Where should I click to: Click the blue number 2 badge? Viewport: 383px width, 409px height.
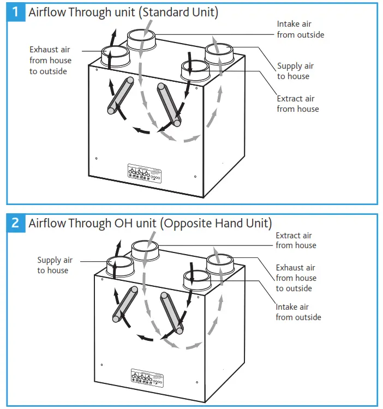pos(16,222)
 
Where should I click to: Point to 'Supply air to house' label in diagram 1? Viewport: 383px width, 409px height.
pos(295,71)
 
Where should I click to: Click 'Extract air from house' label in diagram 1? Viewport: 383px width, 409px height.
pos(297,104)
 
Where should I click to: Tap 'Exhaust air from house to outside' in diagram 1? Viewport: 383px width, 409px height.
pos(50,61)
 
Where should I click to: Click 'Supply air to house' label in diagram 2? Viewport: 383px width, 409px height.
pos(55,266)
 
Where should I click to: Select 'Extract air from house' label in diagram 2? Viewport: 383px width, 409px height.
pos(296,240)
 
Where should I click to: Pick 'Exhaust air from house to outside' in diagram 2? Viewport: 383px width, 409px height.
pos(296,278)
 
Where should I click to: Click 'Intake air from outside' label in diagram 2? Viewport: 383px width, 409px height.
pos(298,312)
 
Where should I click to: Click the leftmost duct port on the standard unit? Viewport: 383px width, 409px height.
pos(115,56)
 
